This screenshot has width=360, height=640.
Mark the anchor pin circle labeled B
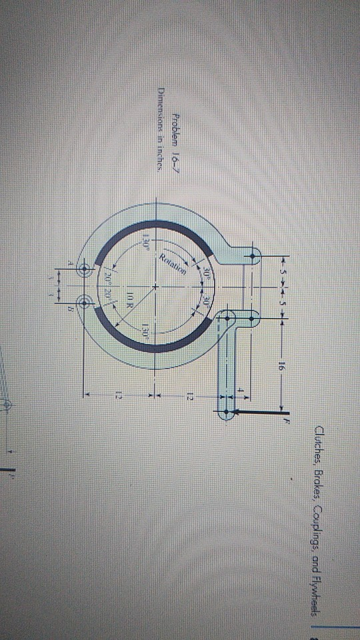pos(85,304)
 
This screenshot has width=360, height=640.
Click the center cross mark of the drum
pos(155,287)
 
